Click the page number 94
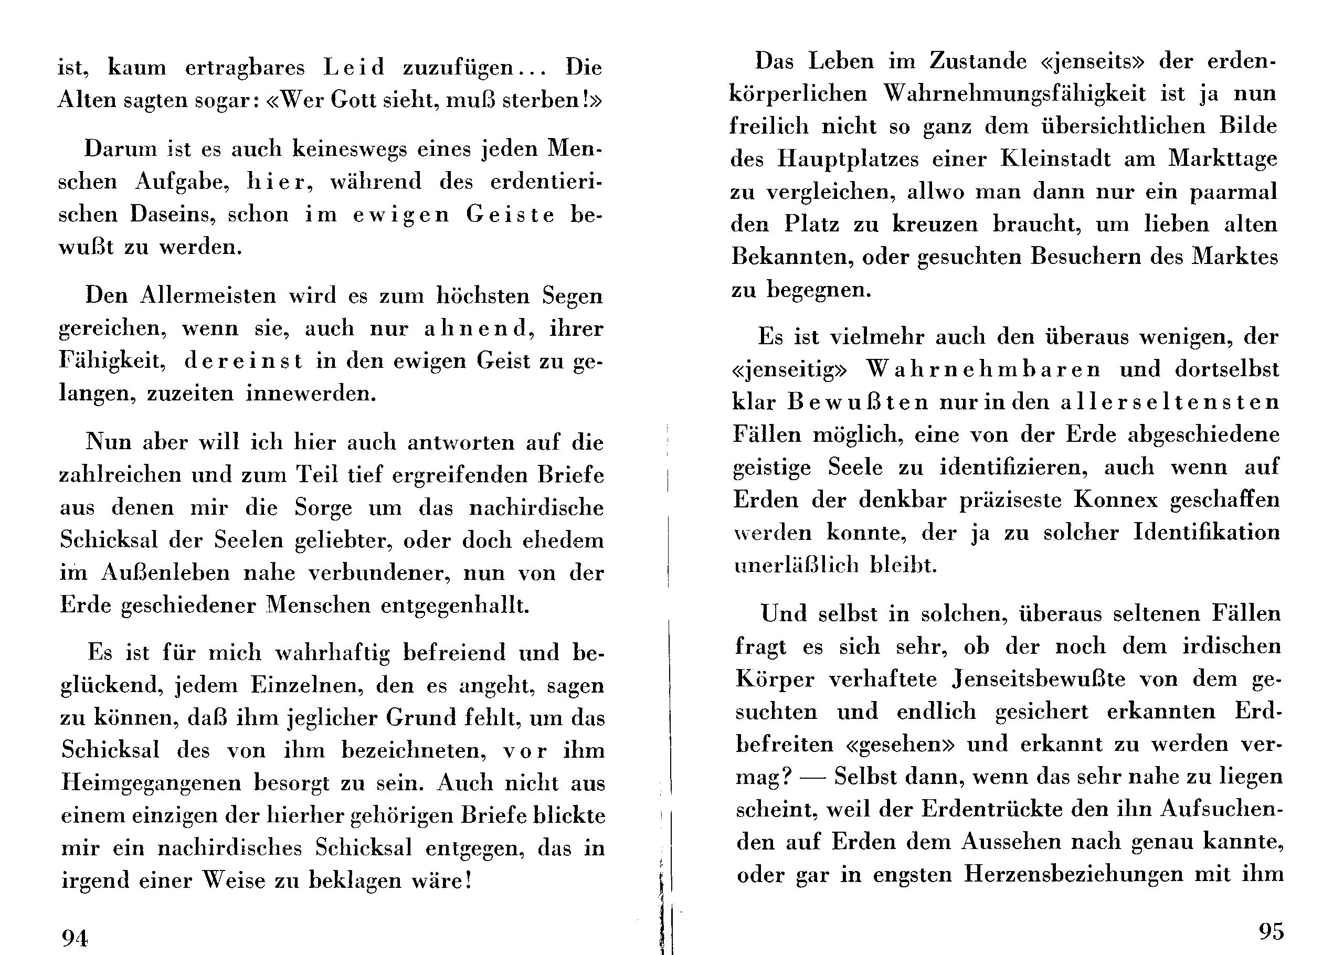point(75,939)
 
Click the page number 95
point(1271,931)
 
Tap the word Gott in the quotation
point(353,100)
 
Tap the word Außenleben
point(166,573)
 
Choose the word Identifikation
point(1206,533)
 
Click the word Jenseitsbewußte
point(1039,680)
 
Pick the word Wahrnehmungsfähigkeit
point(1014,94)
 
